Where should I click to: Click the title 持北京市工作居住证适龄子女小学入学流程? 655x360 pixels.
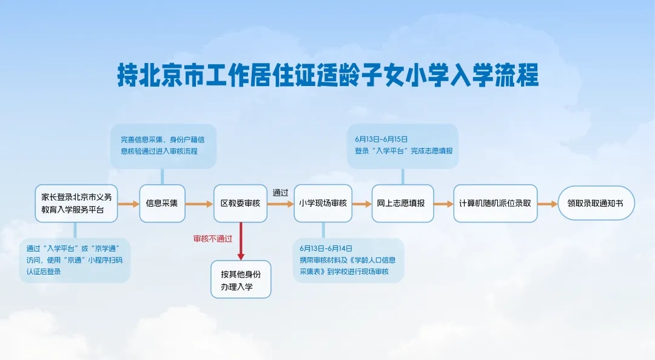327,77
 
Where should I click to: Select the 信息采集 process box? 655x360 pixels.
162,204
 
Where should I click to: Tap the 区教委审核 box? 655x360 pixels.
240,204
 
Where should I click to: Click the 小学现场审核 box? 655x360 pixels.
323,204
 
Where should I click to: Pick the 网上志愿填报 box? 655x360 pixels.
402,204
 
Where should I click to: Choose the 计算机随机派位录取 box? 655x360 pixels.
495,204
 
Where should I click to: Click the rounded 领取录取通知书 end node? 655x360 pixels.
596,204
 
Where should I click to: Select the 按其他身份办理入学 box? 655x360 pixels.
240,279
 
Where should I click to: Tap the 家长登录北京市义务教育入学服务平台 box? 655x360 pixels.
76,204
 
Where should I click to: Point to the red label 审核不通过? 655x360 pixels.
212,238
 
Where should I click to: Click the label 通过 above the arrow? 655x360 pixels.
280,193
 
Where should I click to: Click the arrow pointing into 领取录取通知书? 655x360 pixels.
547,204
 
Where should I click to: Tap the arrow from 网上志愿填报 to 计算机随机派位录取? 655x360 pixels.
443,204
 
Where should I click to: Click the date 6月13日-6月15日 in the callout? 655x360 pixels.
381,139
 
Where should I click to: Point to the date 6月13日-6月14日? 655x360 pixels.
326,248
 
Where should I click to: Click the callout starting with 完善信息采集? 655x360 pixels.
163,145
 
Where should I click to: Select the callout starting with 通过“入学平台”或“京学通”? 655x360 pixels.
75,260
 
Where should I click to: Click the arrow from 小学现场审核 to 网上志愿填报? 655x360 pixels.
361,204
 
